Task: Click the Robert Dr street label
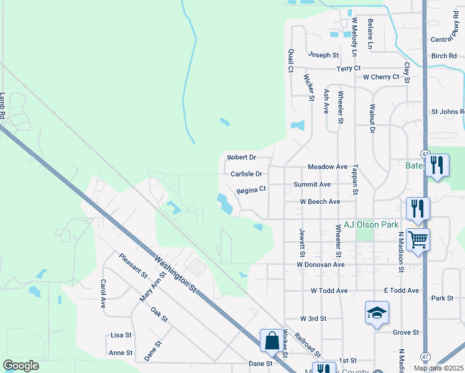[x=242, y=157]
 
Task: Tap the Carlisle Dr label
[x=246, y=175]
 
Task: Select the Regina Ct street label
[x=251, y=189]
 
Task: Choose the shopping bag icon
[x=271, y=340]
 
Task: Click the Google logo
[x=21, y=365]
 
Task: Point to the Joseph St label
[x=323, y=55]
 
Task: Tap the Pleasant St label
[x=133, y=265]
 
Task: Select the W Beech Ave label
[x=320, y=202]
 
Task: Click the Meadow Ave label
[x=328, y=167]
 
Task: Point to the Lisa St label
[x=121, y=335]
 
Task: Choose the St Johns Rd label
[x=448, y=112]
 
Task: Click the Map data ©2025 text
[x=438, y=367]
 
